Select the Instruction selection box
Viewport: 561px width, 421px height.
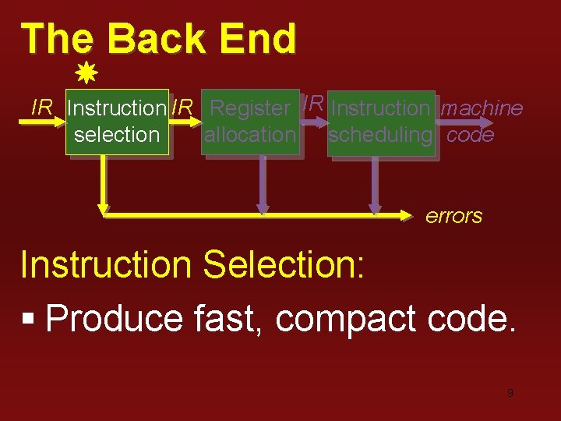coord(117,122)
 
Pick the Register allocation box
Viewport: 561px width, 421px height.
coord(250,122)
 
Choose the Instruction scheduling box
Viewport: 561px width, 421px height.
coord(380,122)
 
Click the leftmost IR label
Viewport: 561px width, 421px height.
coord(41,108)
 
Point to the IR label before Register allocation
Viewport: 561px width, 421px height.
coord(182,108)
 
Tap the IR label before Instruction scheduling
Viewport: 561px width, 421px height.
coord(313,102)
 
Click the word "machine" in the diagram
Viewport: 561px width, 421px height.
coord(482,108)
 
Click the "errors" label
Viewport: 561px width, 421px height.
coord(453,216)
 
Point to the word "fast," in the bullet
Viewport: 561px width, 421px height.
coord(229,318)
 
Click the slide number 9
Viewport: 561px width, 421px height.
coord(510,393)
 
